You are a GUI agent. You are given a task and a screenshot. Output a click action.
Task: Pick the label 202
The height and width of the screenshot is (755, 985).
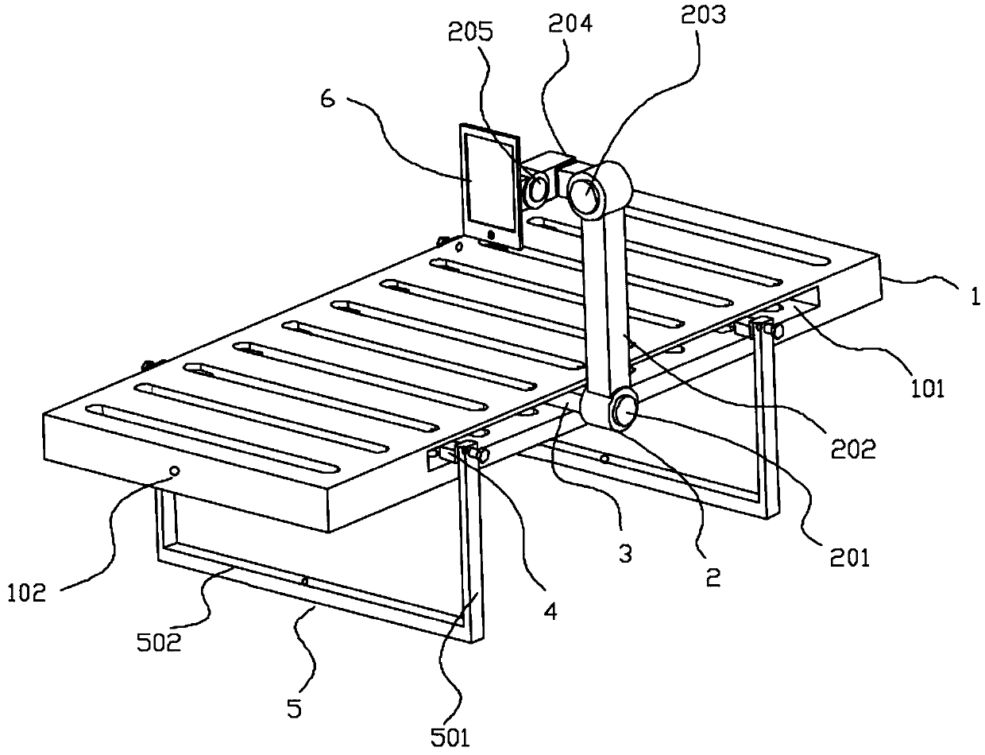coord(854,449)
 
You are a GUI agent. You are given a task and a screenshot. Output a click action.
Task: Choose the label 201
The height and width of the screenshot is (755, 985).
coord(849,558)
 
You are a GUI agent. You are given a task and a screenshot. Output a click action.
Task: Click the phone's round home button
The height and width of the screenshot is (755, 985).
coord(492,234)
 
